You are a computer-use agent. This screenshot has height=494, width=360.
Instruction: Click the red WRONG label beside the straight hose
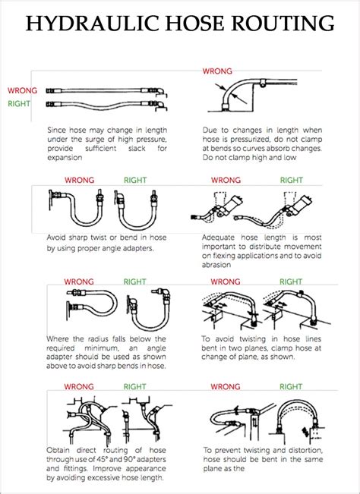22,88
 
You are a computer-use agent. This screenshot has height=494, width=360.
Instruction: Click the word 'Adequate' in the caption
223,236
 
